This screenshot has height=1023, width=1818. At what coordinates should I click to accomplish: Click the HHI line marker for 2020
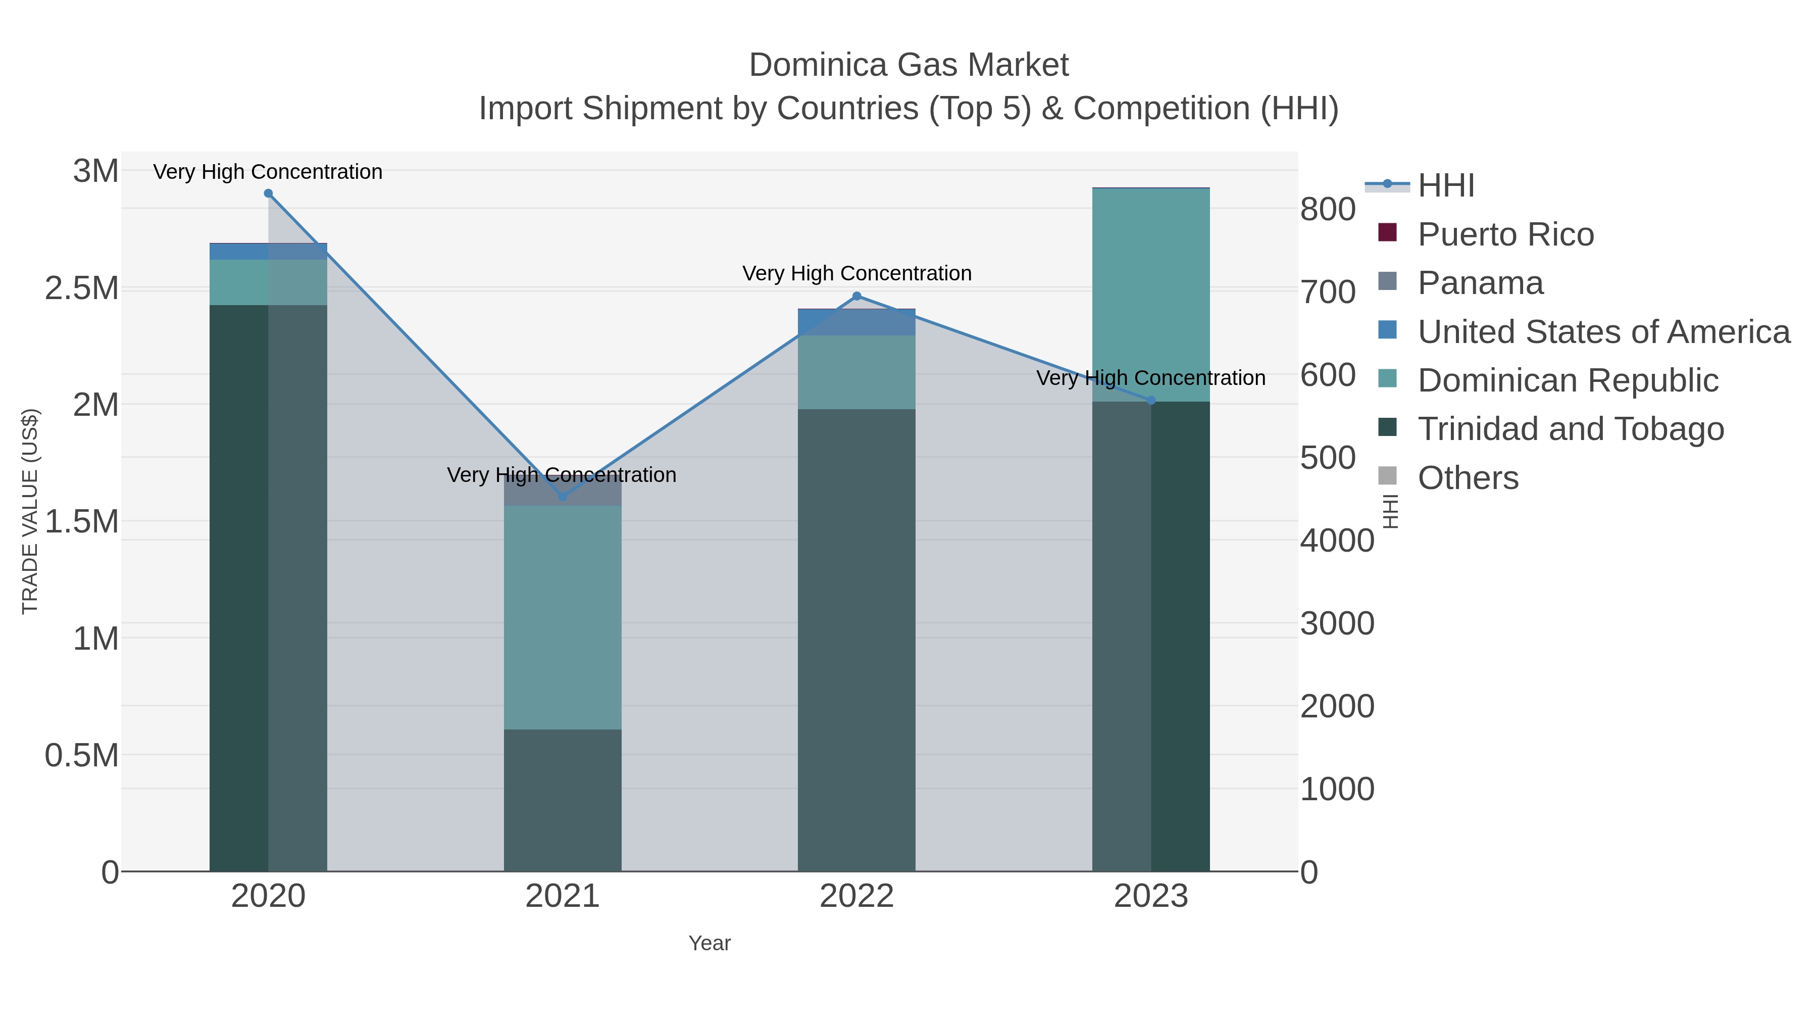coord(268,193)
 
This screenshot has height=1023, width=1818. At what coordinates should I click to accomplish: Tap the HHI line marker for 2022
coord(857,296)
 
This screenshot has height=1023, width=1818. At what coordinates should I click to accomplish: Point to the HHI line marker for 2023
coord(1151,400)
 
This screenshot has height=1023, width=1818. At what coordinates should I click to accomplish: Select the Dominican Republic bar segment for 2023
coord(1151,295)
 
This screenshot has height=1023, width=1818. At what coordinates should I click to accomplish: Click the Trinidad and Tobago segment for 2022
coord(857,640)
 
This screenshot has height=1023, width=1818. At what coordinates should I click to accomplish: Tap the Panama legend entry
coord(1480,283)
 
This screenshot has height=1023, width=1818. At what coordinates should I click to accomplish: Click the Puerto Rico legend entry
coord(1505,234)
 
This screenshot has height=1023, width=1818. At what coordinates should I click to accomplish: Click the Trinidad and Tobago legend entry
coord(1570,429)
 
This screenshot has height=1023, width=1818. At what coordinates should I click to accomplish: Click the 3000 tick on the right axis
coord(1337,623)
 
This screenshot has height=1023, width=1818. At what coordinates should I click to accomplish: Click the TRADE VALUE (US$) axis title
coord(30,511)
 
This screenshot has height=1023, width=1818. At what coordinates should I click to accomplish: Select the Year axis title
coord(710,943)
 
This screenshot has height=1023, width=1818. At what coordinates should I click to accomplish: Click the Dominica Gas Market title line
coord(908,65)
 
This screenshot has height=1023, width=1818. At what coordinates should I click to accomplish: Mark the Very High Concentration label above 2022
coord(857,273)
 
